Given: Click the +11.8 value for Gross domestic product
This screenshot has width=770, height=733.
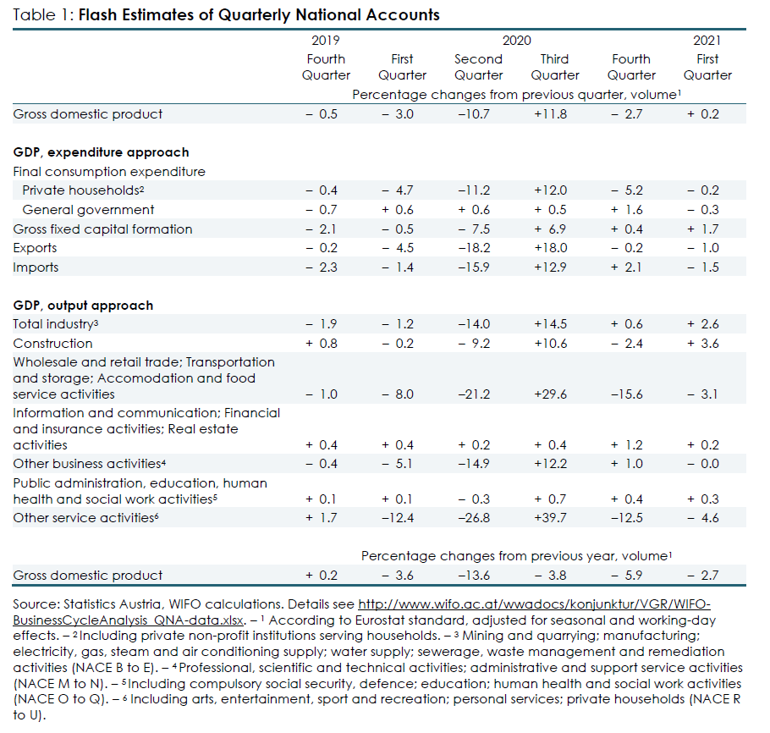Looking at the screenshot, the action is tap(550, 114).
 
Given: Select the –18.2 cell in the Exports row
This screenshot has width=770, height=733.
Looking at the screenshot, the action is tap(474, 248).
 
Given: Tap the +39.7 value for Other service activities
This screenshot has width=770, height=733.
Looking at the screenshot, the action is tap(550, 518).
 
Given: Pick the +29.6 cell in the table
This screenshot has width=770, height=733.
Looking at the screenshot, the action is tap(550, 394).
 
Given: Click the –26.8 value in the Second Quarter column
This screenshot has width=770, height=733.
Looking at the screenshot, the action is tap(474, 518).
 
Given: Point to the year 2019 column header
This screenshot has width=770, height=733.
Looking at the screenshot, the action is tap(326, 41).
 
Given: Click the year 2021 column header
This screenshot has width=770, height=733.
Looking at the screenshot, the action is tap(707, 41).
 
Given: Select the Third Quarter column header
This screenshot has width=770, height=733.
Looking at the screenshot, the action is tap(555, 67).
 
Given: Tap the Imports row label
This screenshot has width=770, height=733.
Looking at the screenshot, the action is tap(36, 267).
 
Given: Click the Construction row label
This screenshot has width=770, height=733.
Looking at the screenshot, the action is tap(52, 344).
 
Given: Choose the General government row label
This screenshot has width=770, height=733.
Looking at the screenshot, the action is tap(88, 210).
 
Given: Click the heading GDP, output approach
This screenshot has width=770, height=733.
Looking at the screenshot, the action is tap(83, 306).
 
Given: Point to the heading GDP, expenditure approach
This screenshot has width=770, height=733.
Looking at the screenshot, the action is tap(101, 152).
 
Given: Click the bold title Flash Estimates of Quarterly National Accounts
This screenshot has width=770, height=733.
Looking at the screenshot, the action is tap(259, 15).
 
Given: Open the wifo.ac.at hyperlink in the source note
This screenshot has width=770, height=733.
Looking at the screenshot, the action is tap(361, 612).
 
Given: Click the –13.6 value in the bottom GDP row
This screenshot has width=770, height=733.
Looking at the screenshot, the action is tap(474, 576).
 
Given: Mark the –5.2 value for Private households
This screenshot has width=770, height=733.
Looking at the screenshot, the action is tap(627, 190).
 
